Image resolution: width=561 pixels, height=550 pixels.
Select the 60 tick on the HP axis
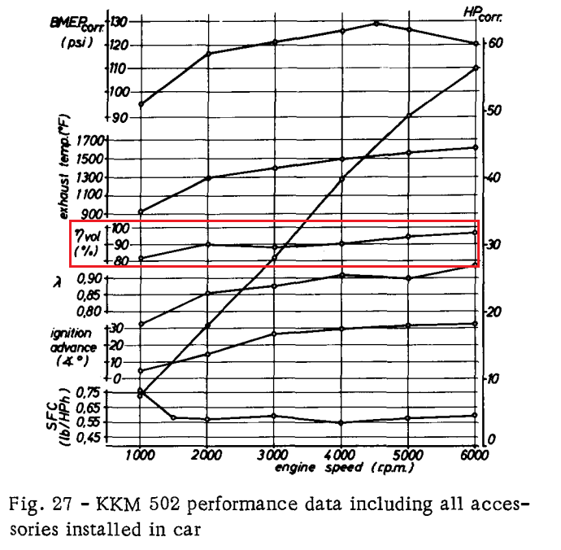(497, 43)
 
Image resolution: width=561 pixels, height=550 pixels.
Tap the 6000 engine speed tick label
(475, 456)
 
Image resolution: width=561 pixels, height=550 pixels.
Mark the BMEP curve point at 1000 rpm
(141, 104)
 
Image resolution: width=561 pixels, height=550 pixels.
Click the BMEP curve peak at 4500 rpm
(376, 24)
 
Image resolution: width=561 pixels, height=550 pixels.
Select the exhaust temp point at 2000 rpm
(208, 178)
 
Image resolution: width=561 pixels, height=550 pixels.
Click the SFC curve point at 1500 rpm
(174, 417)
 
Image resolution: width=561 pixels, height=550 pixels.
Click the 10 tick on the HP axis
(495, 379)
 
